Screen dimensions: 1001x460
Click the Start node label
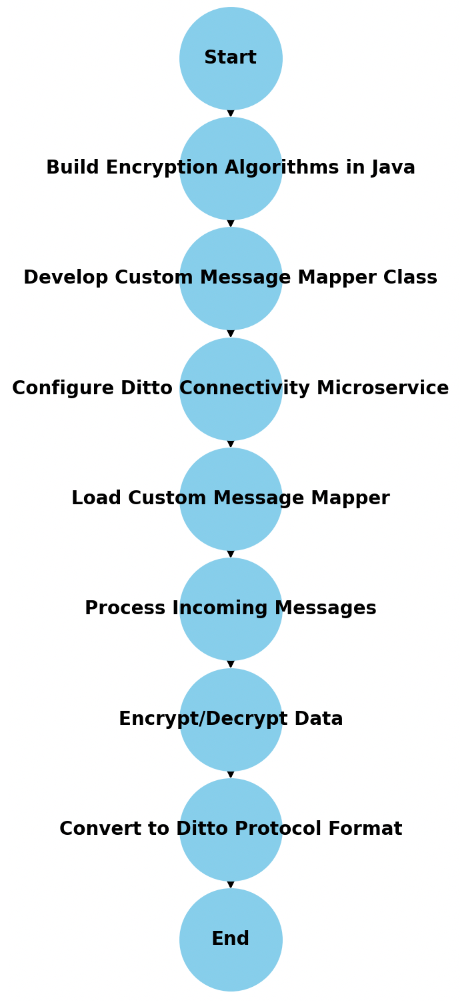[230, 57]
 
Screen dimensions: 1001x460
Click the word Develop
[65, 277]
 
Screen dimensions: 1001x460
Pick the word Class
[410, 277]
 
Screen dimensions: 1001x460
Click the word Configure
[63, 388]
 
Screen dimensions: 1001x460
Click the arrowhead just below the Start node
[231, 113]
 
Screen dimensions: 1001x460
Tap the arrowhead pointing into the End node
[231, 884]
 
